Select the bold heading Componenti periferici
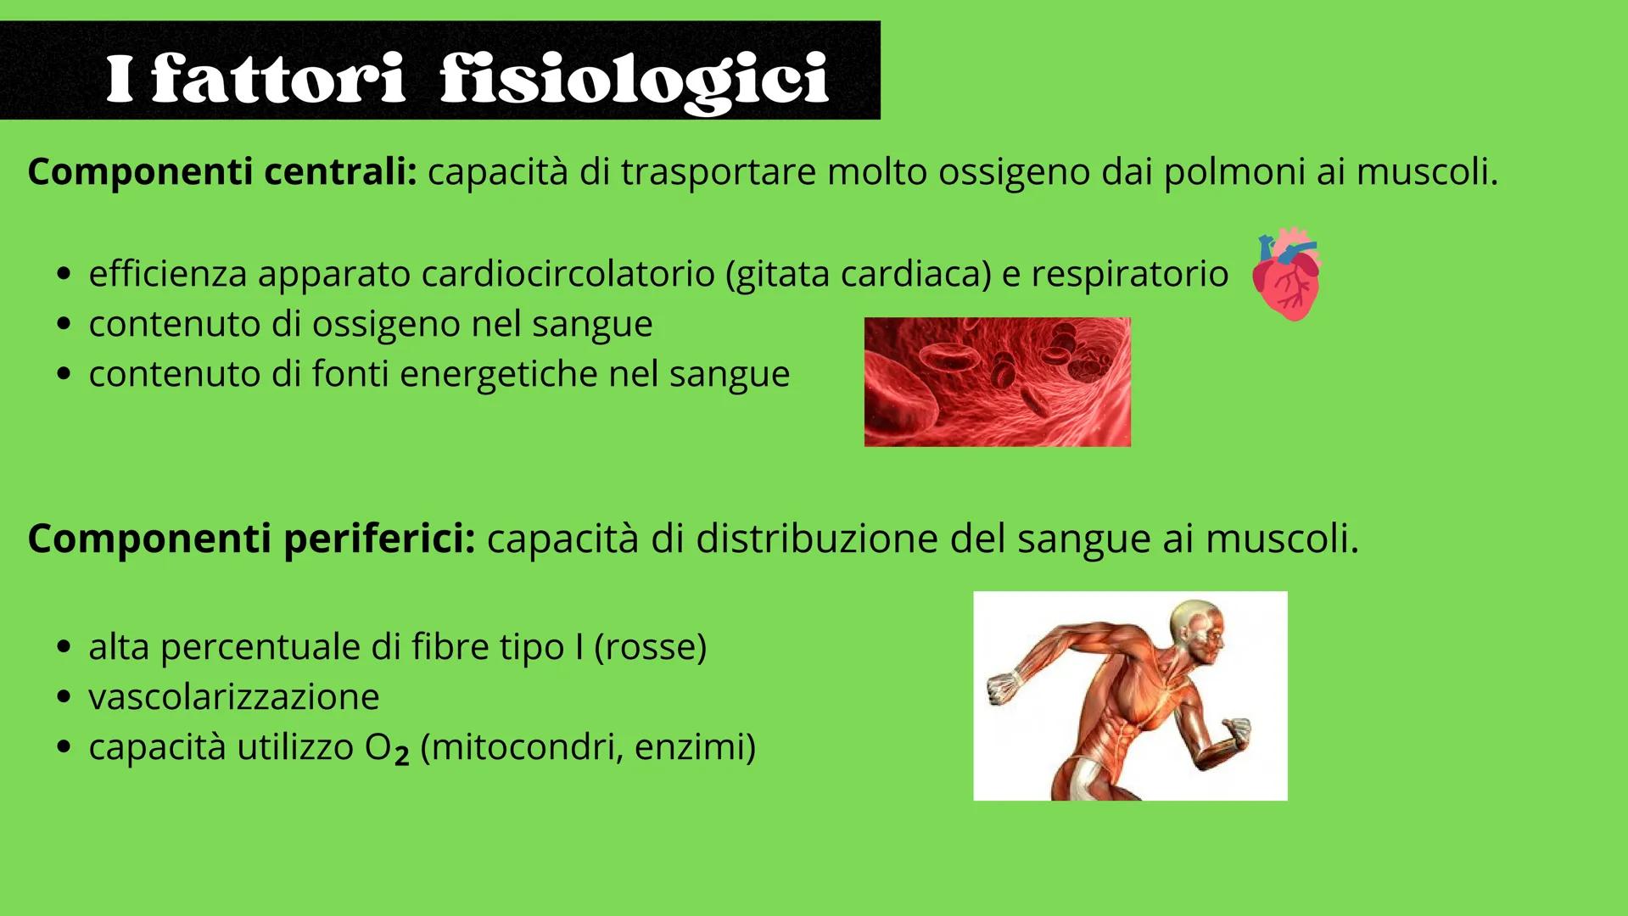251,539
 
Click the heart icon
1287,273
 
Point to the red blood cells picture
997,382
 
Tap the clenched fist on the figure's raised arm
1003,687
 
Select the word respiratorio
1129,274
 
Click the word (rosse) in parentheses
650,647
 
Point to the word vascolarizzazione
234,697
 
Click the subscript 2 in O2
401,755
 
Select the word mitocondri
527,747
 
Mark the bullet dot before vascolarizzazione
64,698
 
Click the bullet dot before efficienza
64,275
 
